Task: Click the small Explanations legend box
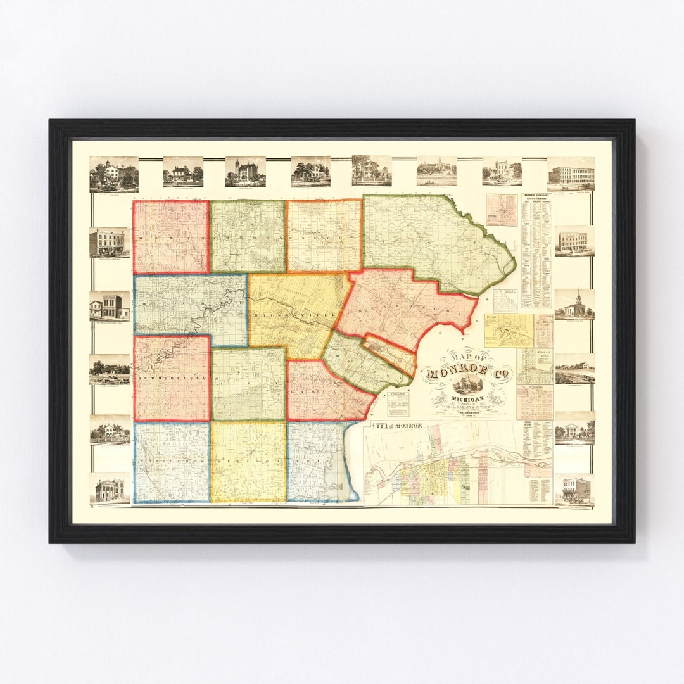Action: click(398, 403)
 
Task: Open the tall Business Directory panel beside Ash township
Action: click(536, 251)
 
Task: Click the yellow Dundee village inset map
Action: click(509, 330)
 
